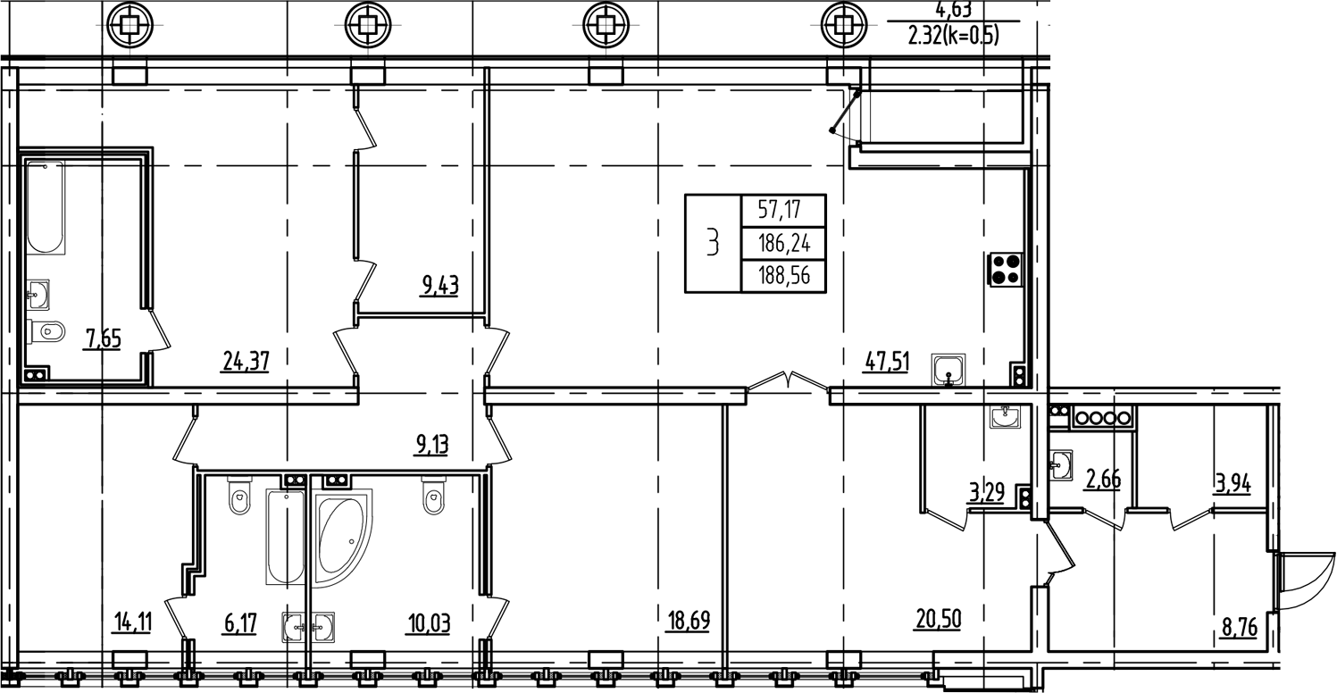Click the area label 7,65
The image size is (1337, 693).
(x=103, y=339)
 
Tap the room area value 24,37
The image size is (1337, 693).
(x=245, y=360)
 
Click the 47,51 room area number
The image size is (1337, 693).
(x=886, y=362)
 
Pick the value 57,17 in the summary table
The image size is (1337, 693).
(x=779, y=211)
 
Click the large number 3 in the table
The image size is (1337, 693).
(x=713, y=243)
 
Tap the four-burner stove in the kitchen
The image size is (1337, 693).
(x=1006, y=269)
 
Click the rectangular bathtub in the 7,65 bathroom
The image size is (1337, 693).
(x=45, y=207)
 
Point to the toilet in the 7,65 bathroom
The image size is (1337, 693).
(x=46, y=332)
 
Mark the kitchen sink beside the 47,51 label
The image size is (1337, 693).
(x=948, y=369)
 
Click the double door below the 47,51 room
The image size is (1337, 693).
(x=788, y=383)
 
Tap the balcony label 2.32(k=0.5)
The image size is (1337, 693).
(x=952, y=37)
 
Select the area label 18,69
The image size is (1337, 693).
(x=689, y=620)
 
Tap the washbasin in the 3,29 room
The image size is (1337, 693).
(x=1007, y=417)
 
